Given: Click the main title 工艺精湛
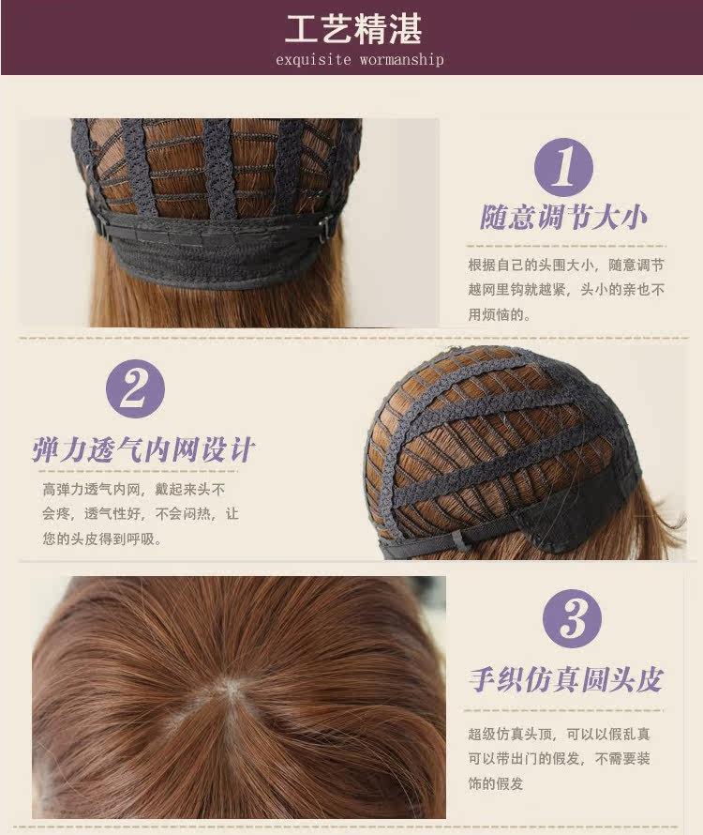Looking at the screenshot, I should [x=353, y=28].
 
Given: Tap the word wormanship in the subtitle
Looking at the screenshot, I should [x=399, y=60].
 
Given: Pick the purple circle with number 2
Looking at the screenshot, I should [x=135, y=388].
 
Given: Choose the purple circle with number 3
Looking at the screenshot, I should [x=564, y=619].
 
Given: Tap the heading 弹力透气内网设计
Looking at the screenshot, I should [x=143, y=448].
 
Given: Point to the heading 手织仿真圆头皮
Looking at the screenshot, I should [x=565, y=680].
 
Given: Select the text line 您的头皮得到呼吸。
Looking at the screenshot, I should [x=101, y=539].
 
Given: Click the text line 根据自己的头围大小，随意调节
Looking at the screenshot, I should [x=566, y=265].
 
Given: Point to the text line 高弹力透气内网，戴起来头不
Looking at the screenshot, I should [x=134, y=490].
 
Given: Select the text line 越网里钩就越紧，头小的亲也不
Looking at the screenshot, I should [x=566, y=290].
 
